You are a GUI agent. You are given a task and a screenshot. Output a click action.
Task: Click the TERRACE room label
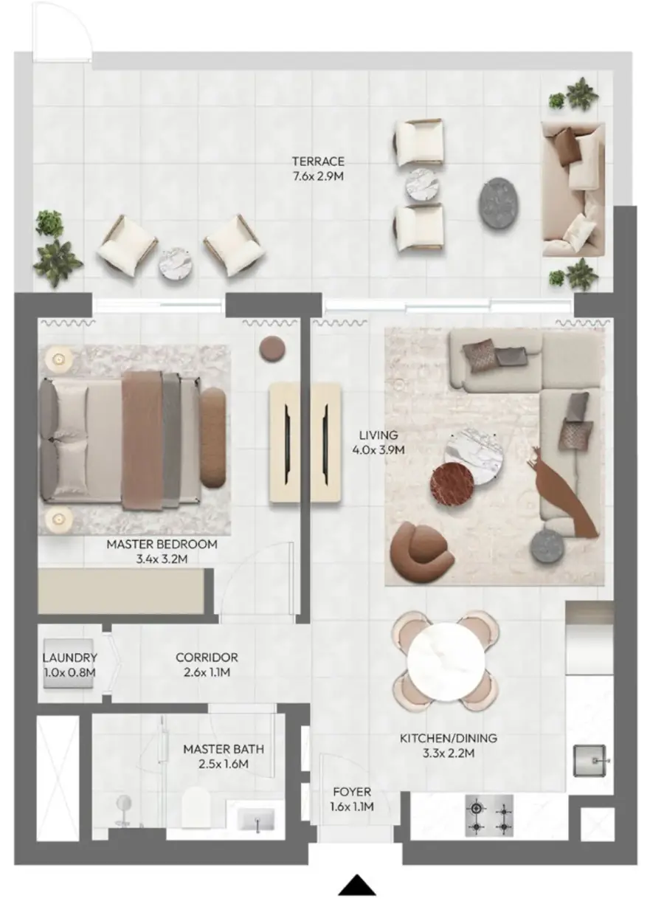pyautogui.click(x=318, y=162)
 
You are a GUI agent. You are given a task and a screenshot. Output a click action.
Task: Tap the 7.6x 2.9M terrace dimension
pyautogui.click(x=318, y=176)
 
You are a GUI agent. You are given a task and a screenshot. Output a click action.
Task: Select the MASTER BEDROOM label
pyautogui.click(x=162, y=544)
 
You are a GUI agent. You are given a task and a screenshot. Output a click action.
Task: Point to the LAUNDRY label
pyautogui.click(x=69, y=658)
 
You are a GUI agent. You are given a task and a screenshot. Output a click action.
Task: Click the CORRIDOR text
pyautogui.click(x=207, y=657)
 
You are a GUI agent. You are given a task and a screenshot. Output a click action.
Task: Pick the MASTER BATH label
pyautogui.click(x=224, y=749)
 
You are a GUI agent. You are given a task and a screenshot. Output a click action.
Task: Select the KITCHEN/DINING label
pyautogui.click(x=449, y=738)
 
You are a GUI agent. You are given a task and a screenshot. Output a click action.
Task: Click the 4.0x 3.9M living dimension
pyautogui.click(x=378, y=450)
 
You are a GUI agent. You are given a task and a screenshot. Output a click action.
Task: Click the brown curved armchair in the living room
pyautogui.click(x=421, y=548)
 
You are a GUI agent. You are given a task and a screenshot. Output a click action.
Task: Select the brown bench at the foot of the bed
pyautogui.click(x=213, y=438)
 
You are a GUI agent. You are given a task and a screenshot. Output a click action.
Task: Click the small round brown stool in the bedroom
pyautogui.click(x=272, y=348)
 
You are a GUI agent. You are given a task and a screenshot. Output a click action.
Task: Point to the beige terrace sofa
pyautogui.click(x=573, y=189)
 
